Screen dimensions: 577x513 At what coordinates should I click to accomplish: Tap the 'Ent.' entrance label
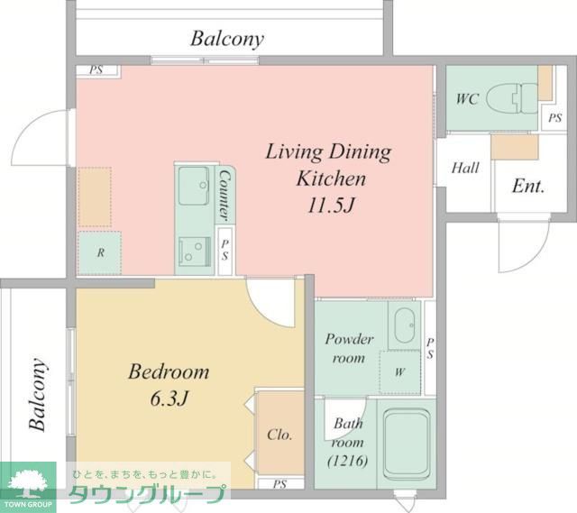528,186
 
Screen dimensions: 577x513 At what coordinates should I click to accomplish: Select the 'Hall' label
465,168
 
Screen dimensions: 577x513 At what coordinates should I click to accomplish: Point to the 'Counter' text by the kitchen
224,196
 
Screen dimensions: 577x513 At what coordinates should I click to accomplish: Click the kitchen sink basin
194,186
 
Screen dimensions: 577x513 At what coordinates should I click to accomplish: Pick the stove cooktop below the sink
195,252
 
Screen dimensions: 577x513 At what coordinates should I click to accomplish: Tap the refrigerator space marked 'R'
100,252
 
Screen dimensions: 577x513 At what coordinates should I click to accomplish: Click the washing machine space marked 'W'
399,372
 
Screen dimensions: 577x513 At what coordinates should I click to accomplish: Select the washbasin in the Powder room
405,325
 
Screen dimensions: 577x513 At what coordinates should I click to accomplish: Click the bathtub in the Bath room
407,444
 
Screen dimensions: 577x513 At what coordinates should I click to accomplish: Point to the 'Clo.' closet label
279,435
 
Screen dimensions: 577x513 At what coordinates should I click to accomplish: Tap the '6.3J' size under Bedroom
169,398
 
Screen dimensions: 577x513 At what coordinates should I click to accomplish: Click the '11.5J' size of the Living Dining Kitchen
331,206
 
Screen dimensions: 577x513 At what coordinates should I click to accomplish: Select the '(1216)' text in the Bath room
347,461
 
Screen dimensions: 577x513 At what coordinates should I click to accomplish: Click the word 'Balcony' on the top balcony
227,39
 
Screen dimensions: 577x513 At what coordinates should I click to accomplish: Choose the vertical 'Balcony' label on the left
38,394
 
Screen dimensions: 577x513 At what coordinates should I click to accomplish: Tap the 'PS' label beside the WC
555,118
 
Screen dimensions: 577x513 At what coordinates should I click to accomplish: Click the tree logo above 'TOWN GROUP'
27,482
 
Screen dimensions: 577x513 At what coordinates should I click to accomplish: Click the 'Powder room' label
349,348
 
